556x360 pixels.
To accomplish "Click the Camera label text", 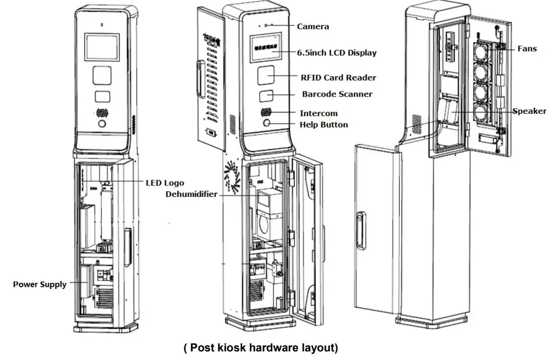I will tap(313, 26).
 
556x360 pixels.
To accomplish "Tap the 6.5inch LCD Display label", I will tap(336, 53).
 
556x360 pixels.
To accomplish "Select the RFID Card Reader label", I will tap(338, 77).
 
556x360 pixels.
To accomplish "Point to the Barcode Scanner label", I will tap(337, 94).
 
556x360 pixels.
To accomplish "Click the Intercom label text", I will tap(319, 113).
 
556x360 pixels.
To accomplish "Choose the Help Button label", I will tap(323, 124).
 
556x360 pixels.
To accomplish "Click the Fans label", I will tap(527, 49).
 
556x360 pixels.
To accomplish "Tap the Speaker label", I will tap(529, 111).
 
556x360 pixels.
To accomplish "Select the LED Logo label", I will tap(165, 183).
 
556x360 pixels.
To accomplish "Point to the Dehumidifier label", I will tap(192, 194).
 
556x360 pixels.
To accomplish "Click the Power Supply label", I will tap(39, 284).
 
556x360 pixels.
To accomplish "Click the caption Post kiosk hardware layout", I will tap(260, 347).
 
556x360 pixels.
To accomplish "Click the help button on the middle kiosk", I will tap(267, 123).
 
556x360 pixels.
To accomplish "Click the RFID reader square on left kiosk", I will tap(102, 76).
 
